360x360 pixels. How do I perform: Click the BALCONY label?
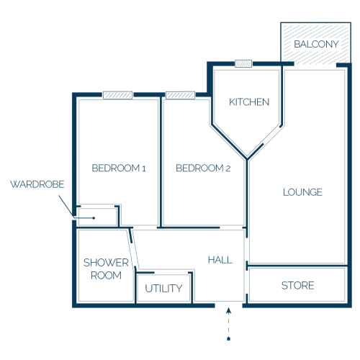316,44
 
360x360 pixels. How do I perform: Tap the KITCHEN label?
249,102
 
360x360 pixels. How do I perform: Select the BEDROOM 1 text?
119,168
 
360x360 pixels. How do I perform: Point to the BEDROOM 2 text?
203,168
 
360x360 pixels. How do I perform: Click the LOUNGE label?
302,192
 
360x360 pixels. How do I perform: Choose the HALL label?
220,260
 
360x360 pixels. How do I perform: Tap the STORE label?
297,286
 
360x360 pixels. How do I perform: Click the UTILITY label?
163,288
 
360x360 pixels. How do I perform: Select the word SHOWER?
106,263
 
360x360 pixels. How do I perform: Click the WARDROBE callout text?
37,184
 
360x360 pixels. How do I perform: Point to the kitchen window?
243,63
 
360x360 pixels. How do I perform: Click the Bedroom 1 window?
118,95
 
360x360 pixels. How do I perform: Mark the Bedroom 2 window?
181,95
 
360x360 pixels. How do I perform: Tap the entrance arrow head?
229,311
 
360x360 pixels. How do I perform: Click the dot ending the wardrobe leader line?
94,218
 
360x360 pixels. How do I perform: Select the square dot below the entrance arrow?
229,339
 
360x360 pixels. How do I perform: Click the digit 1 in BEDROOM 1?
144,168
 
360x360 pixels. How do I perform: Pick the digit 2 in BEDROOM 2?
228,168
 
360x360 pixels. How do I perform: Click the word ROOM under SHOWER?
106,275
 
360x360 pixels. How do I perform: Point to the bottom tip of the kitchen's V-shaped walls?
247,159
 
